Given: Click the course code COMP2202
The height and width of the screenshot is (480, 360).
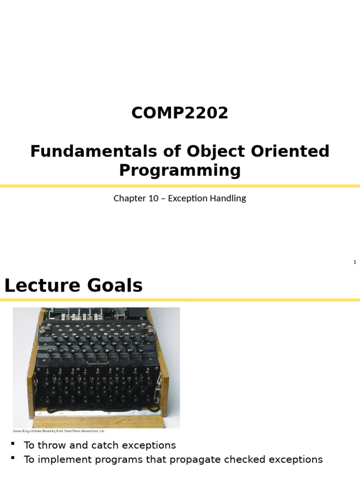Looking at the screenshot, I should [x=180, y=113].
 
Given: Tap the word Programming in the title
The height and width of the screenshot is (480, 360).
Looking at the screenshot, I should [x=180, y=170].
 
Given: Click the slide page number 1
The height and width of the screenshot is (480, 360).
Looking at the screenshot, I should [x=355, y=262].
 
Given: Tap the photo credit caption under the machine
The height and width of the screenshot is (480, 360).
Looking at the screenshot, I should [x=59, y=430].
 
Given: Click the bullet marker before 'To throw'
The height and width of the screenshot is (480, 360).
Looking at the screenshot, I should [x=14, y=443].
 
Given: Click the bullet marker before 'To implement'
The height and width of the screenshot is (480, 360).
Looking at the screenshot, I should [x=14, y=458].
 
